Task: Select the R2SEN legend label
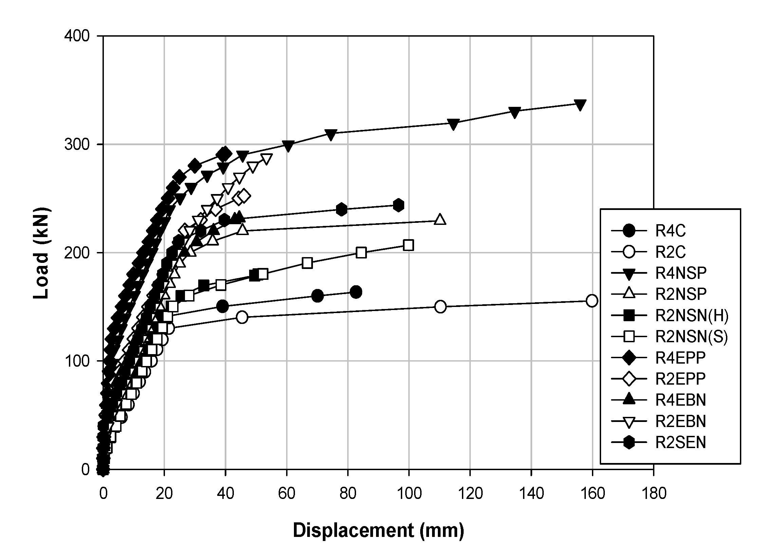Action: point(680,443)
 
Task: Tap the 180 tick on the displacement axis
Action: point(653,494)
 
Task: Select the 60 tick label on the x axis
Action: point(286,494)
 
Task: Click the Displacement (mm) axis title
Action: point(378,530)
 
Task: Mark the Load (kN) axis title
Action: point(41,253)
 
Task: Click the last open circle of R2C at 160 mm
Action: point(592,301)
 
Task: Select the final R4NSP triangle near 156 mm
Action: point(580,105)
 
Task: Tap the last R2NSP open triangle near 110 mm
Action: point(440,219)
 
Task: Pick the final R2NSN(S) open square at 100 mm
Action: point(408,245)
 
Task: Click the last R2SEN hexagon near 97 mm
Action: point(398,205)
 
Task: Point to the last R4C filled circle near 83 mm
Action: point(356,292)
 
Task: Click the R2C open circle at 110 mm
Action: point(440,307)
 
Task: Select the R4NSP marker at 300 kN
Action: point(288,146)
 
